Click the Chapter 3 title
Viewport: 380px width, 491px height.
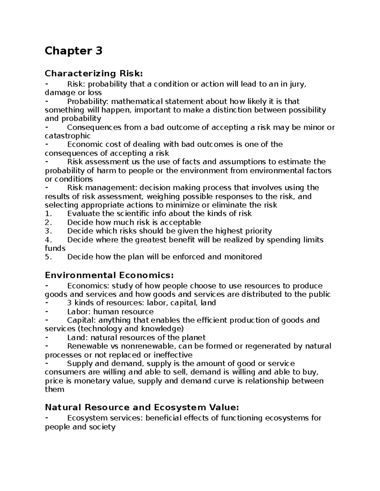(x=73, y=51)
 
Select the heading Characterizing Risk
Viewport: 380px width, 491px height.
(x=94, y=74)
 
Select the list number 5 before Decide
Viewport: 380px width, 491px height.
(x=48, y=257)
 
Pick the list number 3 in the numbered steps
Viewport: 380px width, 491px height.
(x=48, y=231)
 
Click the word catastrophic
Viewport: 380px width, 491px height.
(x=67, y=136)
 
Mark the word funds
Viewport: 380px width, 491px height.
(x=55, y=248)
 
